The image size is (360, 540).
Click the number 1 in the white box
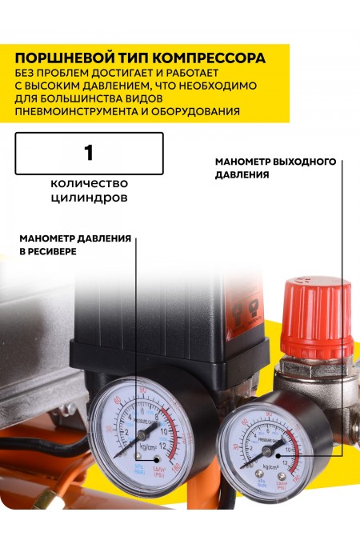(89, 153)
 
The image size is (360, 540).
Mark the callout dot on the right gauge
(305, 450)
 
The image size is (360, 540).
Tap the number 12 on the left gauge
(164, 446)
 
